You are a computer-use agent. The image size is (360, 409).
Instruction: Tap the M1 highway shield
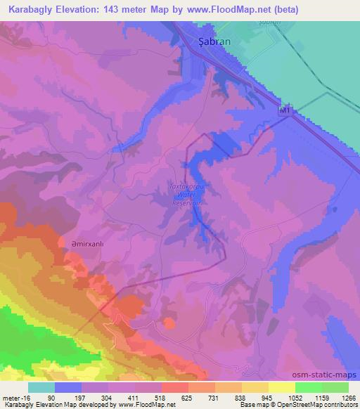284,111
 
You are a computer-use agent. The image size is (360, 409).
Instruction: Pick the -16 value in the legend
19,398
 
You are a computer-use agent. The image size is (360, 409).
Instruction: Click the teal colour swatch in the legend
41,387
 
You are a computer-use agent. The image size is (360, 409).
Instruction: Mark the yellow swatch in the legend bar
282,387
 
